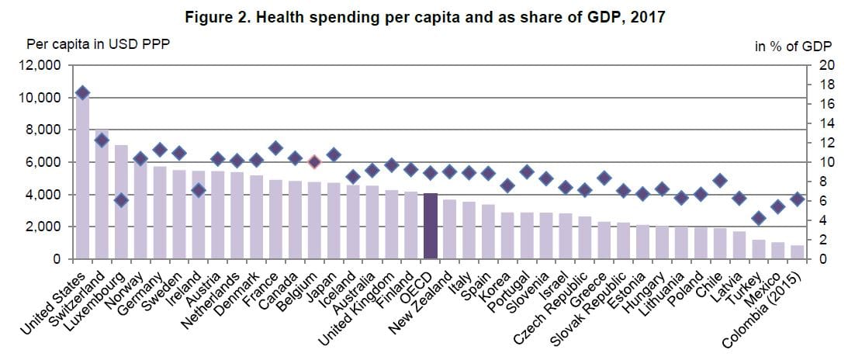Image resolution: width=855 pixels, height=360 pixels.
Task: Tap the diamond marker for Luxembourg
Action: (x=121, y=200)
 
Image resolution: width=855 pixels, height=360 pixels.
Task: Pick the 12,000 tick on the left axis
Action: (x=38, y=65)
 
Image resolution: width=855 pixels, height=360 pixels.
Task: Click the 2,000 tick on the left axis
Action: (x=42, y=227)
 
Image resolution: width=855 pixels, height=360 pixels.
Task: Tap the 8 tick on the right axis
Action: (x=822, y=182)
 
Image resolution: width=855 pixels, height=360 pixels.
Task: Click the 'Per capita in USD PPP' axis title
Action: (x=98, y=43)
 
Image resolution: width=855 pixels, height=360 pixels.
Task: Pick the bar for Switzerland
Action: (x=102, y=195)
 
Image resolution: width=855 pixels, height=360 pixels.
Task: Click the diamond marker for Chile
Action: (x=719, y=181)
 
